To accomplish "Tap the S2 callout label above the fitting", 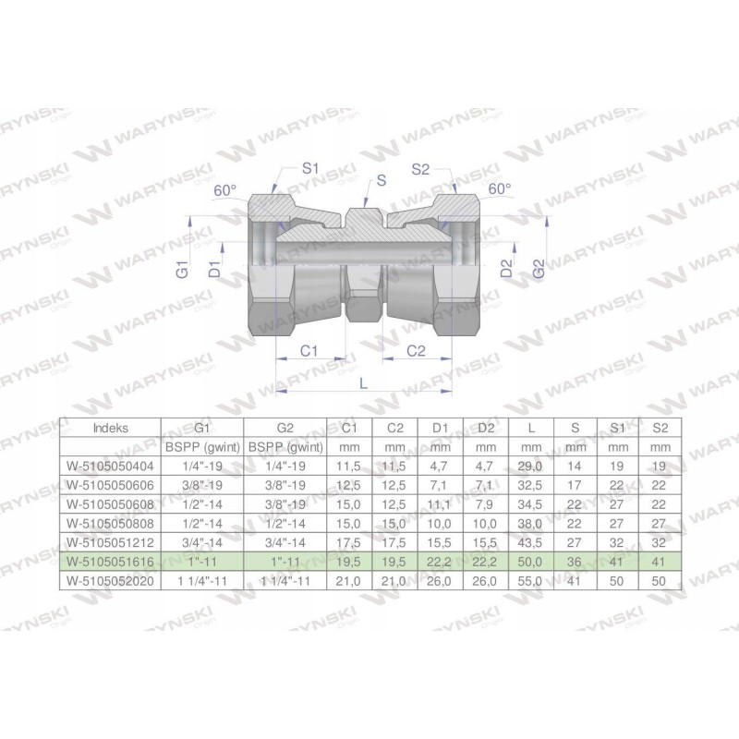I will tap(421, 168).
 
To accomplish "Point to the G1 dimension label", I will tap(183, 272).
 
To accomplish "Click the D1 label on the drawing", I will tap(213, 270).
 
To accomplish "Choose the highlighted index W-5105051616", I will tap(112, 561).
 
